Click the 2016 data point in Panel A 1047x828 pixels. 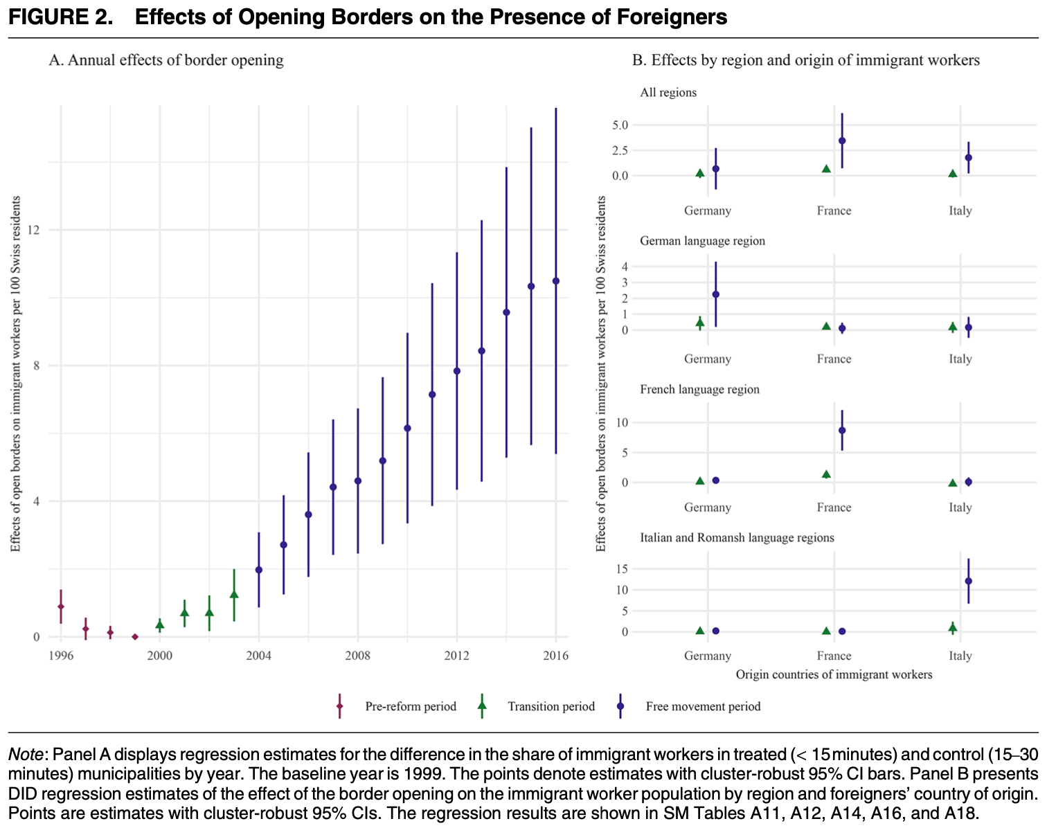tap(555, 281)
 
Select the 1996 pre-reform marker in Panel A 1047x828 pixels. tap(61, 606)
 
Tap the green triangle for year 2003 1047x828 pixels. tap(234, 595)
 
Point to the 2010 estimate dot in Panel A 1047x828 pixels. tap(407, 429)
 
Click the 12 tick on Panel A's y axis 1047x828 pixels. tap(35, 230)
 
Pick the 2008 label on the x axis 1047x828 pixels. tap(357, 656)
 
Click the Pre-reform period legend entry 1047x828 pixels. tap(410, 707)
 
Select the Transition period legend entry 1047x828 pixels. tap(551, 707)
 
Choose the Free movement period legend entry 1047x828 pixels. tap(702, 707)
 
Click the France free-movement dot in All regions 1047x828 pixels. tap(842, 141)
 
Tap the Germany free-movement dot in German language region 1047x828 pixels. tap(716, 294)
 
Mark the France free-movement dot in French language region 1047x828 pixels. tap(842, 431)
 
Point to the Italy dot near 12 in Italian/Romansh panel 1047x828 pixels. tap(969, 581)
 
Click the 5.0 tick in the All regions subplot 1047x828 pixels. tap(620, 125)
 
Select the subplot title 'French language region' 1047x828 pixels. tap(699, 389)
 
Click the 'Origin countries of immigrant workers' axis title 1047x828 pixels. tap(834, 674)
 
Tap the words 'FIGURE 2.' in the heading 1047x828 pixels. tap(61, 17)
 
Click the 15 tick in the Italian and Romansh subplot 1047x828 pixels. tap(621, 569)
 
